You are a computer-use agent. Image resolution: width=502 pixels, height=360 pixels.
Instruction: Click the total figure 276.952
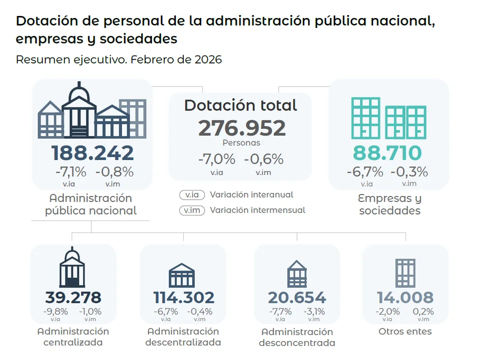[242, 128]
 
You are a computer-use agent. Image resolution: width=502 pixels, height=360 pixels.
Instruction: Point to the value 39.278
[73, 297]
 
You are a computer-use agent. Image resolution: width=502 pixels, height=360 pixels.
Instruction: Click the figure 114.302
[183, 297]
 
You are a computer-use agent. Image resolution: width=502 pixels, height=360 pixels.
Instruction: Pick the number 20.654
[297, 297]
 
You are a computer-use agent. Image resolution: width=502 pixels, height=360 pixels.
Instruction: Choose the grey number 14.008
[405, 297]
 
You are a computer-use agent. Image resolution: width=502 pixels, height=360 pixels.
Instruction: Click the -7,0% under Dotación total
[217, 159]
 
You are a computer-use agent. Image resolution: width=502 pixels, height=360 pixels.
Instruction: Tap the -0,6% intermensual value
[264, 159]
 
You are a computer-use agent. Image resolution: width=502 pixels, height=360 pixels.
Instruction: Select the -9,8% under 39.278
[55, 311]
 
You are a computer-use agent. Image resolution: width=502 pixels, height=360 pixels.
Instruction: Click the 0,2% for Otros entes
[423, 311]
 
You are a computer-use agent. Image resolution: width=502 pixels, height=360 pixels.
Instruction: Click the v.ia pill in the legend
[192, 195]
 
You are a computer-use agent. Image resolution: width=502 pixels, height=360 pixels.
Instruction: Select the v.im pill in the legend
[192, 210]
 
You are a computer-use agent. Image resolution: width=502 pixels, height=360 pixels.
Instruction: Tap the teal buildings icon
[389, 118]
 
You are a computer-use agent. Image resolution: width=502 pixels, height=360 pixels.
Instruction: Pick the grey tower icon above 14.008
[405, 273]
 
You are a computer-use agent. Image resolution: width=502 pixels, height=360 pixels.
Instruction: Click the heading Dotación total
[241, 105]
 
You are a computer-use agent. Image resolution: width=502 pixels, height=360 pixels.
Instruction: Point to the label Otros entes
[405, 331]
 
